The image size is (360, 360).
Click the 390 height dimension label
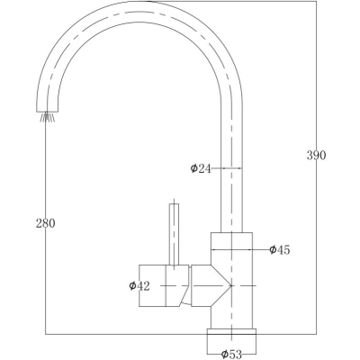pyautogui.click(x=316, y=156)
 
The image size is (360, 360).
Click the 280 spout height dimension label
pyautogui.click(x=46, y=223)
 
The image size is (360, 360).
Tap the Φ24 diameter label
pyautogui.click(x=201, y=168)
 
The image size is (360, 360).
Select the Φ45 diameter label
pyautogui.click(x=280, y=249)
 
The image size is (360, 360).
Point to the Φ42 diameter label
pyautogui.click(x=139, y=286)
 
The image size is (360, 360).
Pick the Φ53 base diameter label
pyautogui.click(x=231, y=355)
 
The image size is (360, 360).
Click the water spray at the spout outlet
pyautogui.click(x=48, y=117)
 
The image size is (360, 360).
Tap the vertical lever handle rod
pyautogui.click(x=174, y=235)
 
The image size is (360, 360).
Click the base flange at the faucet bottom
pyautogui.click(x=231, y=331)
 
